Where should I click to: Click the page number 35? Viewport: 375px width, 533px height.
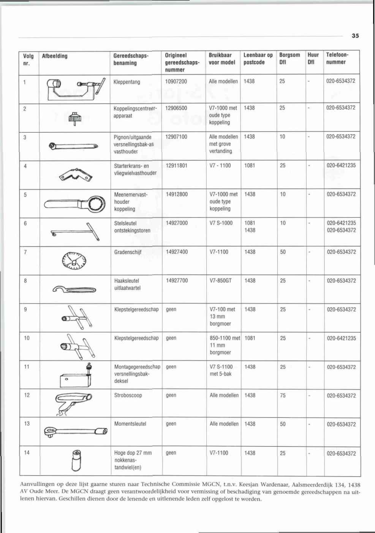click(x=355, y=36)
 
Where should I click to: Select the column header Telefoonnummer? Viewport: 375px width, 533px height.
click(x=337, y=59)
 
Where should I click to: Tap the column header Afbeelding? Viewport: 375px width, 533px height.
click(x=55, y=56)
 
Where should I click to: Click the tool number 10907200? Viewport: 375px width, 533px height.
click(x=176, y=81)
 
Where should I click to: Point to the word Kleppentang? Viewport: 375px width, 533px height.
click(x=127, y=82)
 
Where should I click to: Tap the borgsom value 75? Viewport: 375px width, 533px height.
click(x=283, y=395)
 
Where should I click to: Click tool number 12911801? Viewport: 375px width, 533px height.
click(x=177, y=166)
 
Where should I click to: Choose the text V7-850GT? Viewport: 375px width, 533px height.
click(x=220, y=281)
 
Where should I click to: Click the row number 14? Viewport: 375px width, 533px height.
click(x=27, y=453)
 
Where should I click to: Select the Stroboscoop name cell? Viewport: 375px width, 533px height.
click(x=128, y=395)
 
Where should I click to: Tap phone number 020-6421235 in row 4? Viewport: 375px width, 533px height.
click(x=341, y=166)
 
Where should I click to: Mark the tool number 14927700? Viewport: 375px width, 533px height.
click(x=177, y=281)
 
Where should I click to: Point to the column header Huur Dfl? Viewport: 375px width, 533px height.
click(x=313, y=59)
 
